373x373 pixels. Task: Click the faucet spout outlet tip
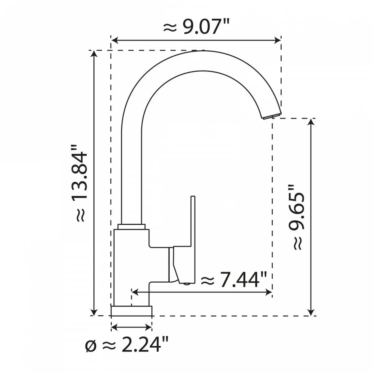click(x=271, y=117)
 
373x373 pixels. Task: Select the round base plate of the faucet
click(x=131, y=311)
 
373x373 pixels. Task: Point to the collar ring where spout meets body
click(x=132, y=226)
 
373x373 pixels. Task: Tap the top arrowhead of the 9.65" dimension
click(x=311, y=122)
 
